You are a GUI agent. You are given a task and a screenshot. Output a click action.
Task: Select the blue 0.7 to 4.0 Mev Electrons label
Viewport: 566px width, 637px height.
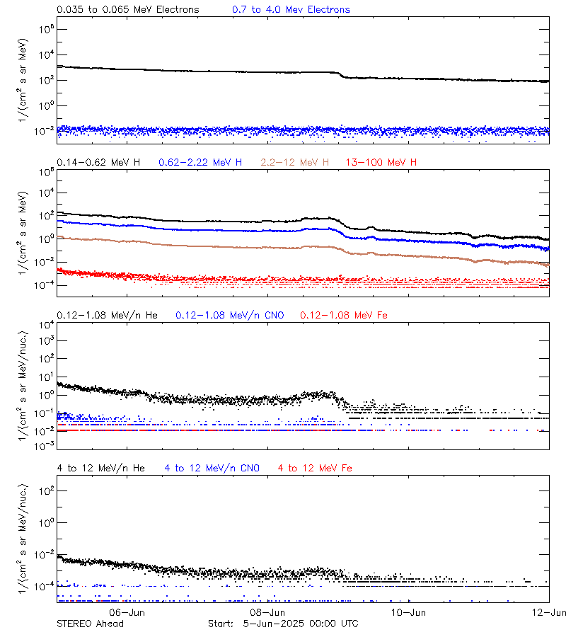291,10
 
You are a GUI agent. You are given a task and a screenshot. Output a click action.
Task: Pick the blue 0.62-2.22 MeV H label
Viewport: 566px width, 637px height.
200,163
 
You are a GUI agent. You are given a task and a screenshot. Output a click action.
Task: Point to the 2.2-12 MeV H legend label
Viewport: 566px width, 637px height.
295,163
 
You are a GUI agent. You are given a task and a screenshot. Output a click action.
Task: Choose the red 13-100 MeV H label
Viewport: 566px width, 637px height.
381,163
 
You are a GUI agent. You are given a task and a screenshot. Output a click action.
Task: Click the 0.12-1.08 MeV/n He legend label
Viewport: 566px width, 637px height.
110,315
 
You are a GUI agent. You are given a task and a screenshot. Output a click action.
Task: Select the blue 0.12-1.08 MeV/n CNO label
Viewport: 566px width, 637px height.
230,315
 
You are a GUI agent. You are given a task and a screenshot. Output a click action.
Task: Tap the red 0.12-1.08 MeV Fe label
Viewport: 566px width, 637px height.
344,315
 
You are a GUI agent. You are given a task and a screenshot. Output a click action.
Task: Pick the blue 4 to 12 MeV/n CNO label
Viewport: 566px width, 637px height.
212,469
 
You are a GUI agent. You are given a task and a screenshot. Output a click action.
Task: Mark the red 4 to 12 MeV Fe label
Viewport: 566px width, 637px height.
315,469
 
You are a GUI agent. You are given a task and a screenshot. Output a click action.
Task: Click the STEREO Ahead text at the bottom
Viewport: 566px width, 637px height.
90,624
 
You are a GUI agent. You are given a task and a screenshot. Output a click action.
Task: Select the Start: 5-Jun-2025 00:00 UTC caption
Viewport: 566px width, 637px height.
283,624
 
